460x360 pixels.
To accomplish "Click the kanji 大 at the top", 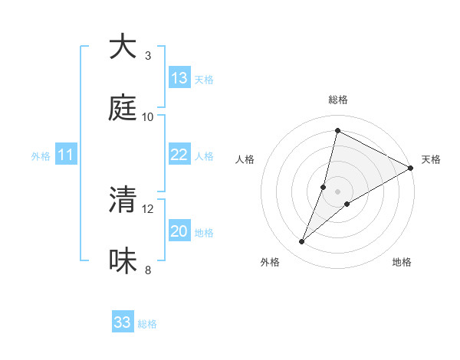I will (x=123, y=47).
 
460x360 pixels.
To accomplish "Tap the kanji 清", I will (x=123, y=200).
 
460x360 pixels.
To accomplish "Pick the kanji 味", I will (x=123, y=261).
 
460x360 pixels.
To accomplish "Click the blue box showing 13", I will (x=179, y=78).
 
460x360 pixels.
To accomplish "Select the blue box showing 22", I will (x=179, y=155).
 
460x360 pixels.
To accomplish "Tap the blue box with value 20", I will (x=179, y=231).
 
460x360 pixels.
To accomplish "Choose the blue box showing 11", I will (x=66, y=155).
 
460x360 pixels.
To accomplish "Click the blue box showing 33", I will (x=123, y=322).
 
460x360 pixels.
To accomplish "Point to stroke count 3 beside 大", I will (x=148, y=55).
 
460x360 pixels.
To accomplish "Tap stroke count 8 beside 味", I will (x=148, y=270).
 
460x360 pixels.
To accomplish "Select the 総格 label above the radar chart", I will (x=338, y=100).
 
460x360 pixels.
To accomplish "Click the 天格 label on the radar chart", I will (x=431, y=159).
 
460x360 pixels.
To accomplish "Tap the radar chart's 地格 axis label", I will (x=402, y=262).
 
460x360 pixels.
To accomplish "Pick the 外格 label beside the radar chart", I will (x=270, y=262).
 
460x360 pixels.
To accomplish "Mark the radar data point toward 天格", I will (x=411, y=169).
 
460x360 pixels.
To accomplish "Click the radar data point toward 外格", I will (x=302, y=242).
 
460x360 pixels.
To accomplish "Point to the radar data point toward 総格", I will (x=337, y=130).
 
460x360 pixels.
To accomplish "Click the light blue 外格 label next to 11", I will (x=41, y=156).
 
